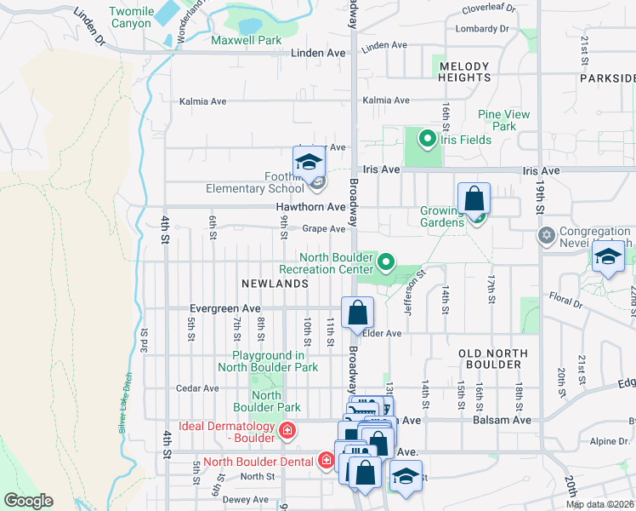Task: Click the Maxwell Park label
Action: click(246, 40)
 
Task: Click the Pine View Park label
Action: click(503, 120)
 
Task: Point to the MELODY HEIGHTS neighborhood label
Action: click(464, 72)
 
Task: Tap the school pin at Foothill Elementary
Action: click(309, 163)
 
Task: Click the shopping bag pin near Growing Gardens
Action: click(474, 199)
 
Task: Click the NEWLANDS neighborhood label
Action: click(274, 283)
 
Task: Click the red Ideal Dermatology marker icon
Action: click(287, 432)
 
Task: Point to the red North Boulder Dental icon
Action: click(325, 462)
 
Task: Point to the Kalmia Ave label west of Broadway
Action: click(202, 101)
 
